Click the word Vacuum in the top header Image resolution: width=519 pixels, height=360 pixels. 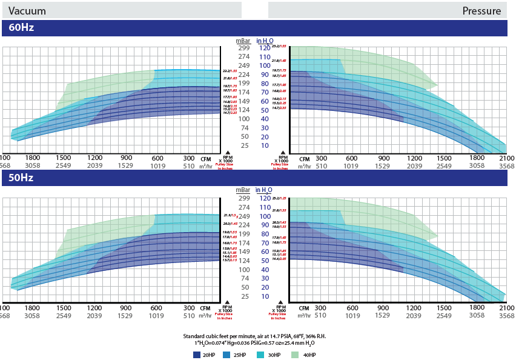27,11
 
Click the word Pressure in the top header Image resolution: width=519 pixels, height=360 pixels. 481,11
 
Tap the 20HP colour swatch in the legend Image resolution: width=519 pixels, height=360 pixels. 197,354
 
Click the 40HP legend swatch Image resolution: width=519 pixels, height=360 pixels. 296,354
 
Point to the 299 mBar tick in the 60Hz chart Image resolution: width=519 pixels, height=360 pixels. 244,48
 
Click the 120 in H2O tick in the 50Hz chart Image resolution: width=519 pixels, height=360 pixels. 264,198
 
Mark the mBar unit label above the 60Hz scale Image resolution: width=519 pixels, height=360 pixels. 243,40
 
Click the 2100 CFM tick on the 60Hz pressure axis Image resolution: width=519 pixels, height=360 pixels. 506,158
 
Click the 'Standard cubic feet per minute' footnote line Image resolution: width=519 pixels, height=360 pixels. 259,336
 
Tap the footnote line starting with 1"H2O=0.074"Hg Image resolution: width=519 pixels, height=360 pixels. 259,343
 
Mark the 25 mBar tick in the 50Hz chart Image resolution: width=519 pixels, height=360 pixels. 245,296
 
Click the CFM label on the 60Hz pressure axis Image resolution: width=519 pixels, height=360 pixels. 304,158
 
